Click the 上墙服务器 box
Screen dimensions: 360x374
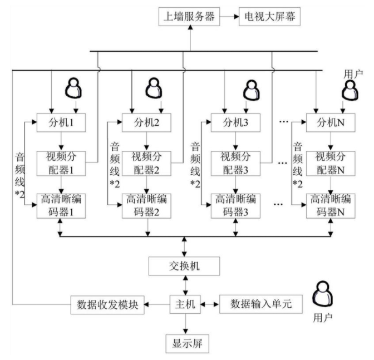(190, 17)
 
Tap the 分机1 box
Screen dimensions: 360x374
(63, 122)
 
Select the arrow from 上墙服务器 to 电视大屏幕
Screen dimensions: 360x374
(228, 17)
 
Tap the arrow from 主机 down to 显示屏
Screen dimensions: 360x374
(185, 323)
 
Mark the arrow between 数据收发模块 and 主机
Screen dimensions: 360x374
(157, 304)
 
